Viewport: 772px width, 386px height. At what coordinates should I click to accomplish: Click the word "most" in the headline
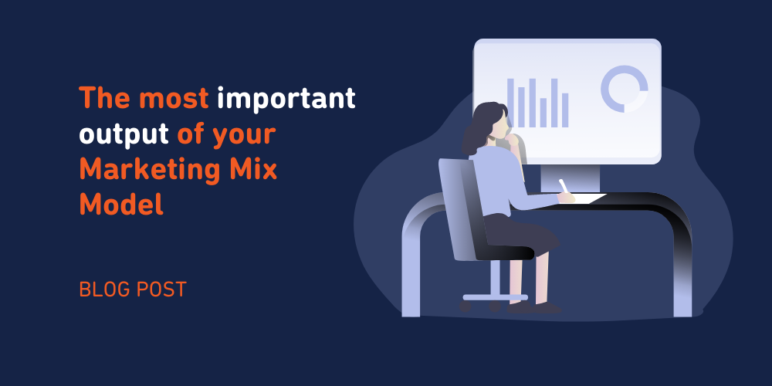click(174, 99)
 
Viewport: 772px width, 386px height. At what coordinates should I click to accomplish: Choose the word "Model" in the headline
click(121, 202)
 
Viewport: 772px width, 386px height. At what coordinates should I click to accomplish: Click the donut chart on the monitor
click(624, 88)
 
